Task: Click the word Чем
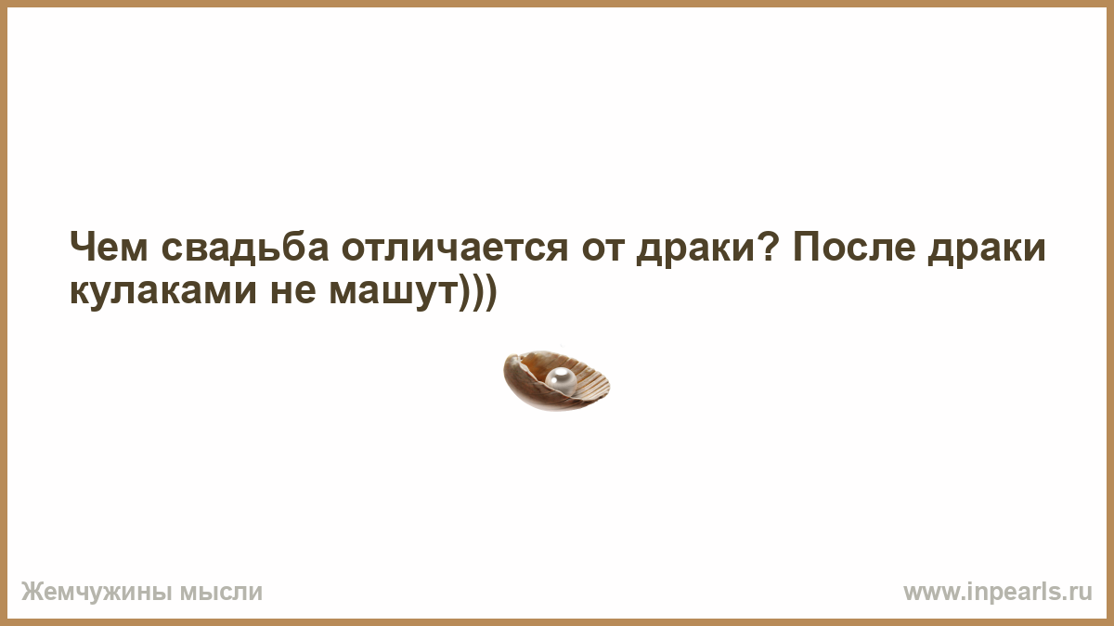point(109,247)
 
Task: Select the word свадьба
point(245,246)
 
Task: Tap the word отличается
point(455,247)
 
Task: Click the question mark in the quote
point(769,247)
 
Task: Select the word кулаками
point(163,291)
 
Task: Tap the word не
point(293,291)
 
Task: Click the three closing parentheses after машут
point(477,291)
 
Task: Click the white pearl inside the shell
point(561,382)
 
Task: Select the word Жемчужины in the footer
point(97,593)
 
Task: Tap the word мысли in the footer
point(221,593)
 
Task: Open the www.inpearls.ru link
point(998,593)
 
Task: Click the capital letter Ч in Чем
point(82,247)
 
